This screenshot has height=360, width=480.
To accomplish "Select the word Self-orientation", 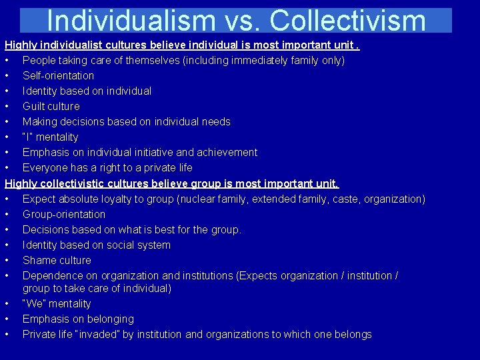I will coord(58,75).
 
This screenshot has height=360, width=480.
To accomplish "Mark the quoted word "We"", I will coord(34,303).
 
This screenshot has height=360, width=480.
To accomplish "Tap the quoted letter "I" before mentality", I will coord(28,137).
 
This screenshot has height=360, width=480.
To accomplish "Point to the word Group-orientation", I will coord(64,214).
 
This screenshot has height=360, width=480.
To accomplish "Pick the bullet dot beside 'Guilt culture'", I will coord(6,106).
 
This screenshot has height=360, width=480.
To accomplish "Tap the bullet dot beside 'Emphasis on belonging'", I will coord(6,319).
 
